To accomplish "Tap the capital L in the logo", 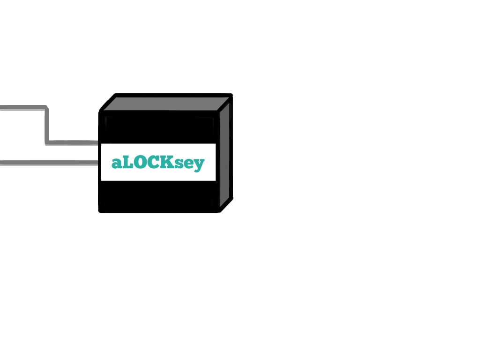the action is (128, 162).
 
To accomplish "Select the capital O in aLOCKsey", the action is (142, 162).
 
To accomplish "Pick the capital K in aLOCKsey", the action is (169, 162).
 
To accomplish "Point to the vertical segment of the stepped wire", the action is (46, 125).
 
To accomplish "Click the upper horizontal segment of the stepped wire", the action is (23, 108).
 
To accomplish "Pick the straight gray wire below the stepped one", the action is (49, 163).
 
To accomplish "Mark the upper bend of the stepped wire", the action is (46, 107).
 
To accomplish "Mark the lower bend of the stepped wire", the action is (47, 143).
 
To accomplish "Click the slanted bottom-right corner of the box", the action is (227, 205).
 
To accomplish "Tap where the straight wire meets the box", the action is (98, 163).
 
